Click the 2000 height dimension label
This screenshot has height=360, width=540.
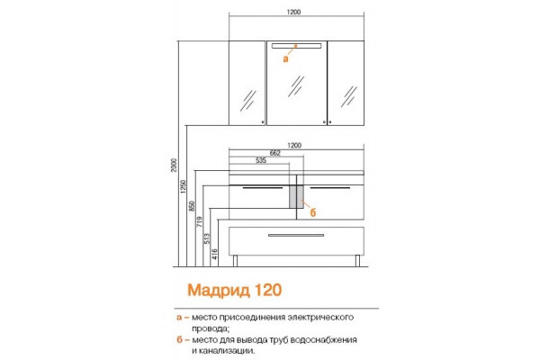(175, 165)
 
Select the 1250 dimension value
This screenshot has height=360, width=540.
(184, 186)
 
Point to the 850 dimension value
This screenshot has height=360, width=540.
(192, 206)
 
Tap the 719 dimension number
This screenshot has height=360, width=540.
(200, 221)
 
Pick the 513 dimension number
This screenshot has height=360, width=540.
(207, 238)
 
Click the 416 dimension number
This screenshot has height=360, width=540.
(214, 254)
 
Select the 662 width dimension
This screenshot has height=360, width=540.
(274, 153)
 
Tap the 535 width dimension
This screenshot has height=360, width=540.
(261, 160)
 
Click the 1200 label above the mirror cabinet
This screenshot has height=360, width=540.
(293, 12)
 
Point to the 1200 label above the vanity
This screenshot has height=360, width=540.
(294, 146)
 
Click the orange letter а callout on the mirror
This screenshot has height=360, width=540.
(285, 58)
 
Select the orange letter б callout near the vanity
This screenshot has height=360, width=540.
(312, 212)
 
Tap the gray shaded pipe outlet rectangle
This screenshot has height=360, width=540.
(296, 197)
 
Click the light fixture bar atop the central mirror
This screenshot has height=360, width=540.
(296, 46)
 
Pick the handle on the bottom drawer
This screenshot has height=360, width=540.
(296, 235)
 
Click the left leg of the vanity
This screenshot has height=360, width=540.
(235, 261)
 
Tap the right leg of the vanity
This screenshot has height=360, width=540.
(357, 261)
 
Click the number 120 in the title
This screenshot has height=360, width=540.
(268, 290)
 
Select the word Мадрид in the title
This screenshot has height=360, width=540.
(219, 291)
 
